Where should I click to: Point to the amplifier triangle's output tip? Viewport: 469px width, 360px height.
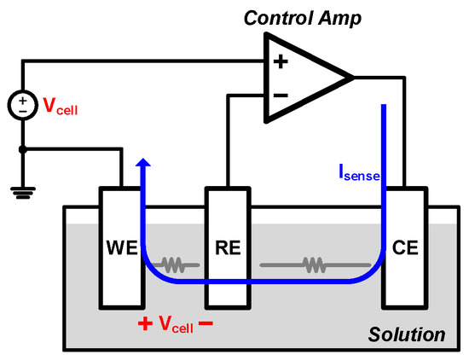click(351, 78)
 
